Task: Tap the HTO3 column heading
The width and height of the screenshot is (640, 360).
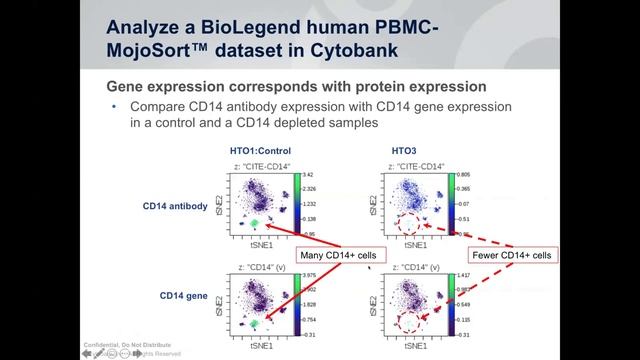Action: [405, 150]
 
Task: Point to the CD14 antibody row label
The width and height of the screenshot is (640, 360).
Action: [175, 207]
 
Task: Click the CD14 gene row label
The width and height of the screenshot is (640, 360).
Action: [183, 296]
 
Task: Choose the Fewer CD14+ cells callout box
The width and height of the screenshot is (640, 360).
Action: [511, 256]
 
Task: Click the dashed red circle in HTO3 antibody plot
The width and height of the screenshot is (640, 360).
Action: [407, 225]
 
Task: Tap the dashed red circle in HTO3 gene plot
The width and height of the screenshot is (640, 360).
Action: [407, 323]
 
